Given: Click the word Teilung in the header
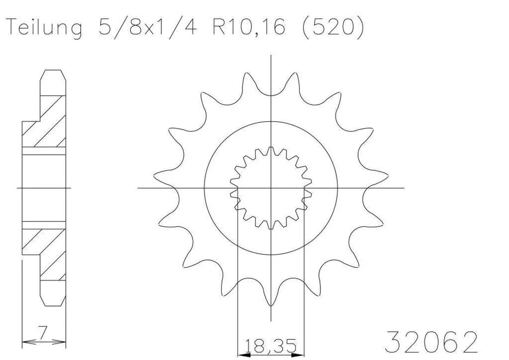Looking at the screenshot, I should (43, 28).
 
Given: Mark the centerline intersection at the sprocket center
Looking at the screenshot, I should (271, 188).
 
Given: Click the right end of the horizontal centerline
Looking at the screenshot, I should (404, 188).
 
